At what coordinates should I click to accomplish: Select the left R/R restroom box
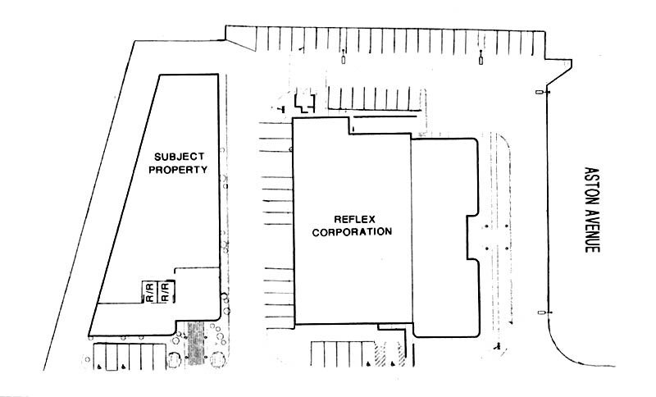pyautogui.click(x=150, y=292)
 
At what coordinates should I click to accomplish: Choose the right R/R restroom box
pyautogui.click(x=166, y=292)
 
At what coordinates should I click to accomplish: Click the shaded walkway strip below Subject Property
pyautogui.click(x=196, y=344)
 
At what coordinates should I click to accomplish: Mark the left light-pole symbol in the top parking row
pyautogui.click(x=343, y=58)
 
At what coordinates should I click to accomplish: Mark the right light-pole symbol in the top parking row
pyautogui.click(x=480, y=58)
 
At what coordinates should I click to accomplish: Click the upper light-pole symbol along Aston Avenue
pyautogui.click(x=540, y=93)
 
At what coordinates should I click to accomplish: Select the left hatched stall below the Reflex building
pyautogui.click(x=380, y=354)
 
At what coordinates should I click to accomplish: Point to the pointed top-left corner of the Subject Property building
pyautogui.click(x=159, y=76)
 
